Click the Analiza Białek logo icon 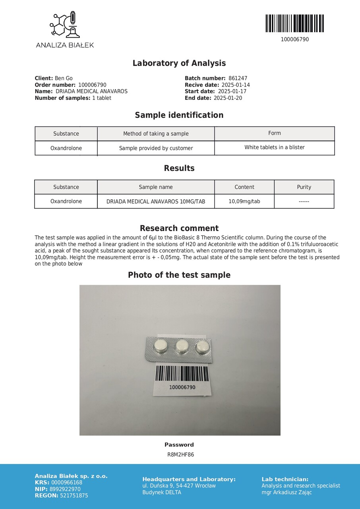(65, 25)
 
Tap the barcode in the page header (294, 23)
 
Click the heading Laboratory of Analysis (179, 63)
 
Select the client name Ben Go (64, 78)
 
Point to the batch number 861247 (238, 78)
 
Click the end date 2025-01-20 (228, 98)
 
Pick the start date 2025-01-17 (232, 91)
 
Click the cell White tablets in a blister (275, 148)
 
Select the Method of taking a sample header (156, 134)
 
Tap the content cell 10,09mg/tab (244, 202)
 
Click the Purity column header (304, 187)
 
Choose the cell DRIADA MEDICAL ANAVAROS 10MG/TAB (156, 202)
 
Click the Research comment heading (179, 228)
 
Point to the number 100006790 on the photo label (182, 387)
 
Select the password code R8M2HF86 (181, 455)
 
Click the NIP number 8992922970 (65, 489)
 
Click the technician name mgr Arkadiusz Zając (286, 492)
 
